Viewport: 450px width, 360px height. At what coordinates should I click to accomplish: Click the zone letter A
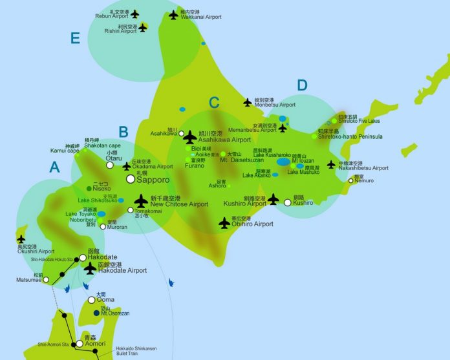pos(55,167)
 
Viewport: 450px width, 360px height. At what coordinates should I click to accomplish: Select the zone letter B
pos(123,132)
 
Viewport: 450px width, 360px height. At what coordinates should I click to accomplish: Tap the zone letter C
pos(215,102)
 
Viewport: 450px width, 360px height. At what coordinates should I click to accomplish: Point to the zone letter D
pos(302,85)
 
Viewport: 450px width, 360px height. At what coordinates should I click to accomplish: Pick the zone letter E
pos(76,39)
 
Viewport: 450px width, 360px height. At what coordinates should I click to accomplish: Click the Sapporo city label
pos(153,179)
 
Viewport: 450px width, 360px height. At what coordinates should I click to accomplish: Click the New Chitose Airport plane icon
pos(141,202)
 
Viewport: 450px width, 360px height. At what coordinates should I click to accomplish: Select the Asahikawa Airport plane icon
pos(189,137)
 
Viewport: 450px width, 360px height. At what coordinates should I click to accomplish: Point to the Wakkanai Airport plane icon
pos(173,14)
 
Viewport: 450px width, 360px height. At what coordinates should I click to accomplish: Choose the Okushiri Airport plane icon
pos(21,239)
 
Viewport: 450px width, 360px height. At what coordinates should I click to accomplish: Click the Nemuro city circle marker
pos(351,180)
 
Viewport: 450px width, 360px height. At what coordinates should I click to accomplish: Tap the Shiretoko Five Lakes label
pos(359,121)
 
